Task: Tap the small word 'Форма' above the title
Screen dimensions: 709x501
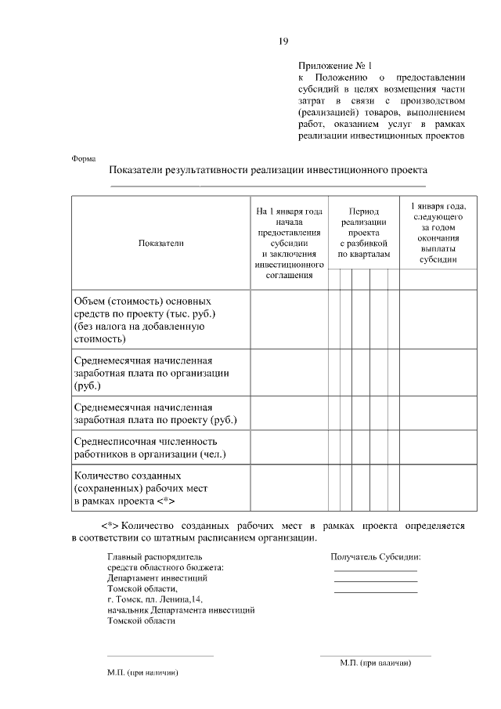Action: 83,157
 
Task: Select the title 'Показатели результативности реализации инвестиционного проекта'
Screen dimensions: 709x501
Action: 269,170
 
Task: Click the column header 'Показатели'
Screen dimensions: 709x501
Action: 160,244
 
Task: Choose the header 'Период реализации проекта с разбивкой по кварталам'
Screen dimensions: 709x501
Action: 363,233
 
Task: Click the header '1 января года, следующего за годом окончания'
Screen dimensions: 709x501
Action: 438,233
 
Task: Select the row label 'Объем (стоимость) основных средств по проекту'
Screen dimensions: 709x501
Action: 144,320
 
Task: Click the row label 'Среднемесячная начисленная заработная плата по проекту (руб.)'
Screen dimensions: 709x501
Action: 155,414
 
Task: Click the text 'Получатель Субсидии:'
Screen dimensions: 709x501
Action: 376,557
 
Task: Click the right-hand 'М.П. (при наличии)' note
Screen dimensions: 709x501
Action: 376,663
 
